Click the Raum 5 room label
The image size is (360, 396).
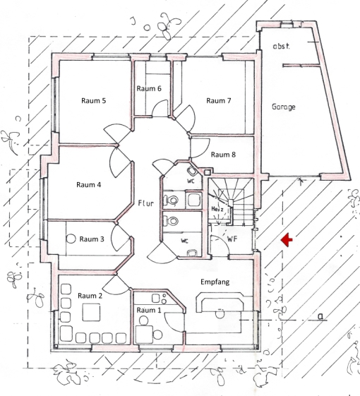(93, 100)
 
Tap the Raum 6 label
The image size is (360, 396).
(149, 89)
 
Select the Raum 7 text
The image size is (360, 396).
(219, 100)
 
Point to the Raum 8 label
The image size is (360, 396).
(223, 155)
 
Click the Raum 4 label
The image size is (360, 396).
(89, 185)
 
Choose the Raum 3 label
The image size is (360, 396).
(92, 239)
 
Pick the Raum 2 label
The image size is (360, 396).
(90, 296)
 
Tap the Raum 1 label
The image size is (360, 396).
(148, 310)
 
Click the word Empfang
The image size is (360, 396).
(215, 282)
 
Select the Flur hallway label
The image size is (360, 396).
(146, 203)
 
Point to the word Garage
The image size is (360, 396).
(284, 107)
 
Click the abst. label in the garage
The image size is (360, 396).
(281, 47)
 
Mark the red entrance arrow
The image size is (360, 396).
(287, 239)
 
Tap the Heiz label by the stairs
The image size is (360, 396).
(217, 209)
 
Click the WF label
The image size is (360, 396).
(232, 239)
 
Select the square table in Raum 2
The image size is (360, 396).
(91, 313)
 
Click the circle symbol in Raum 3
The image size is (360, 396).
(71, 239)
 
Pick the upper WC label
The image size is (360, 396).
(191, 181)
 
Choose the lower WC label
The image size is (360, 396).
(184, 241)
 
